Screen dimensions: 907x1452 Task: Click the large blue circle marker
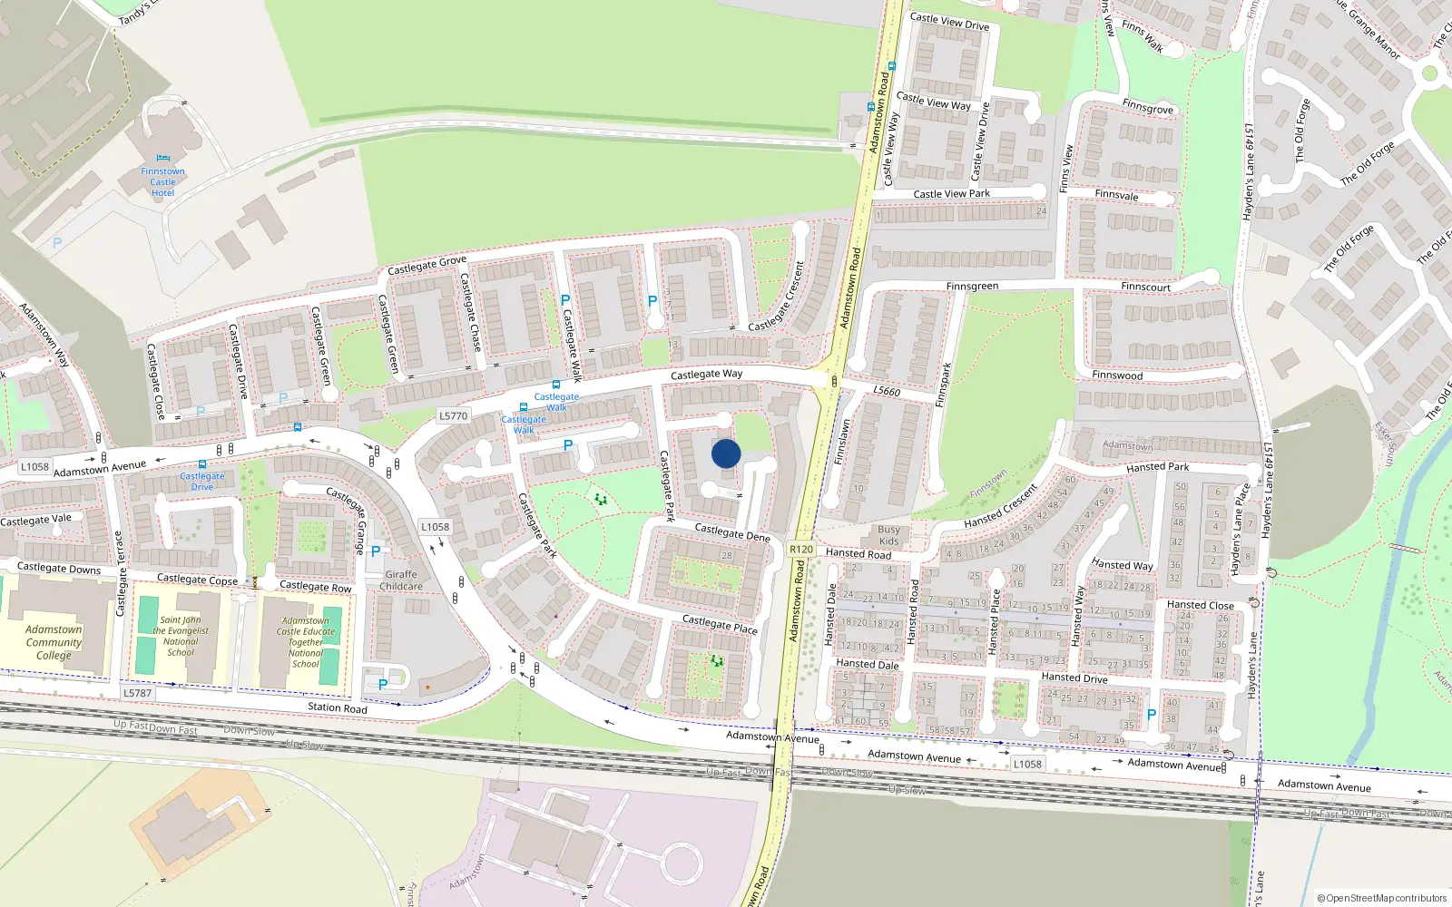coord(726,453)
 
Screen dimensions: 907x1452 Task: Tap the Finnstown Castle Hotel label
coord(163,182)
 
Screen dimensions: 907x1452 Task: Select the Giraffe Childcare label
coord(401,580)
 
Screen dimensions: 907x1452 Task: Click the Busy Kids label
coord(889,535)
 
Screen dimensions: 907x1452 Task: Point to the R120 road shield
coord(801,549)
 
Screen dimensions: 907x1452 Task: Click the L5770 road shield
coord(453,416)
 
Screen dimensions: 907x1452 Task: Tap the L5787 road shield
coord(138,693)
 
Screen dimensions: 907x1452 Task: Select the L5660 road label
coord(887,391)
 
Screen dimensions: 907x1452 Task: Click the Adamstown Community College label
coord(54,642)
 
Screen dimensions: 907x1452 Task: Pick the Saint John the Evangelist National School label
coord(181,636)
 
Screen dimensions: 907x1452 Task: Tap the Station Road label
coord(338,707)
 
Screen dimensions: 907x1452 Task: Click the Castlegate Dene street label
coord(731,532)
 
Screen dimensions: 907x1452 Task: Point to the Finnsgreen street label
coord(972,287)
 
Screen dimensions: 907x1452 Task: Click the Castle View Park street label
coord(951,194)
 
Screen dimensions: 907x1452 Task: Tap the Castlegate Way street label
coord(706,374)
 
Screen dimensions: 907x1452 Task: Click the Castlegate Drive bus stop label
coord(201,481)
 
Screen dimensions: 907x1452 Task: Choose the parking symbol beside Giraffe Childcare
coord(376,551)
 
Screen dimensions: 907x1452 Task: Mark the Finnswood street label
coord(1117,375)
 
